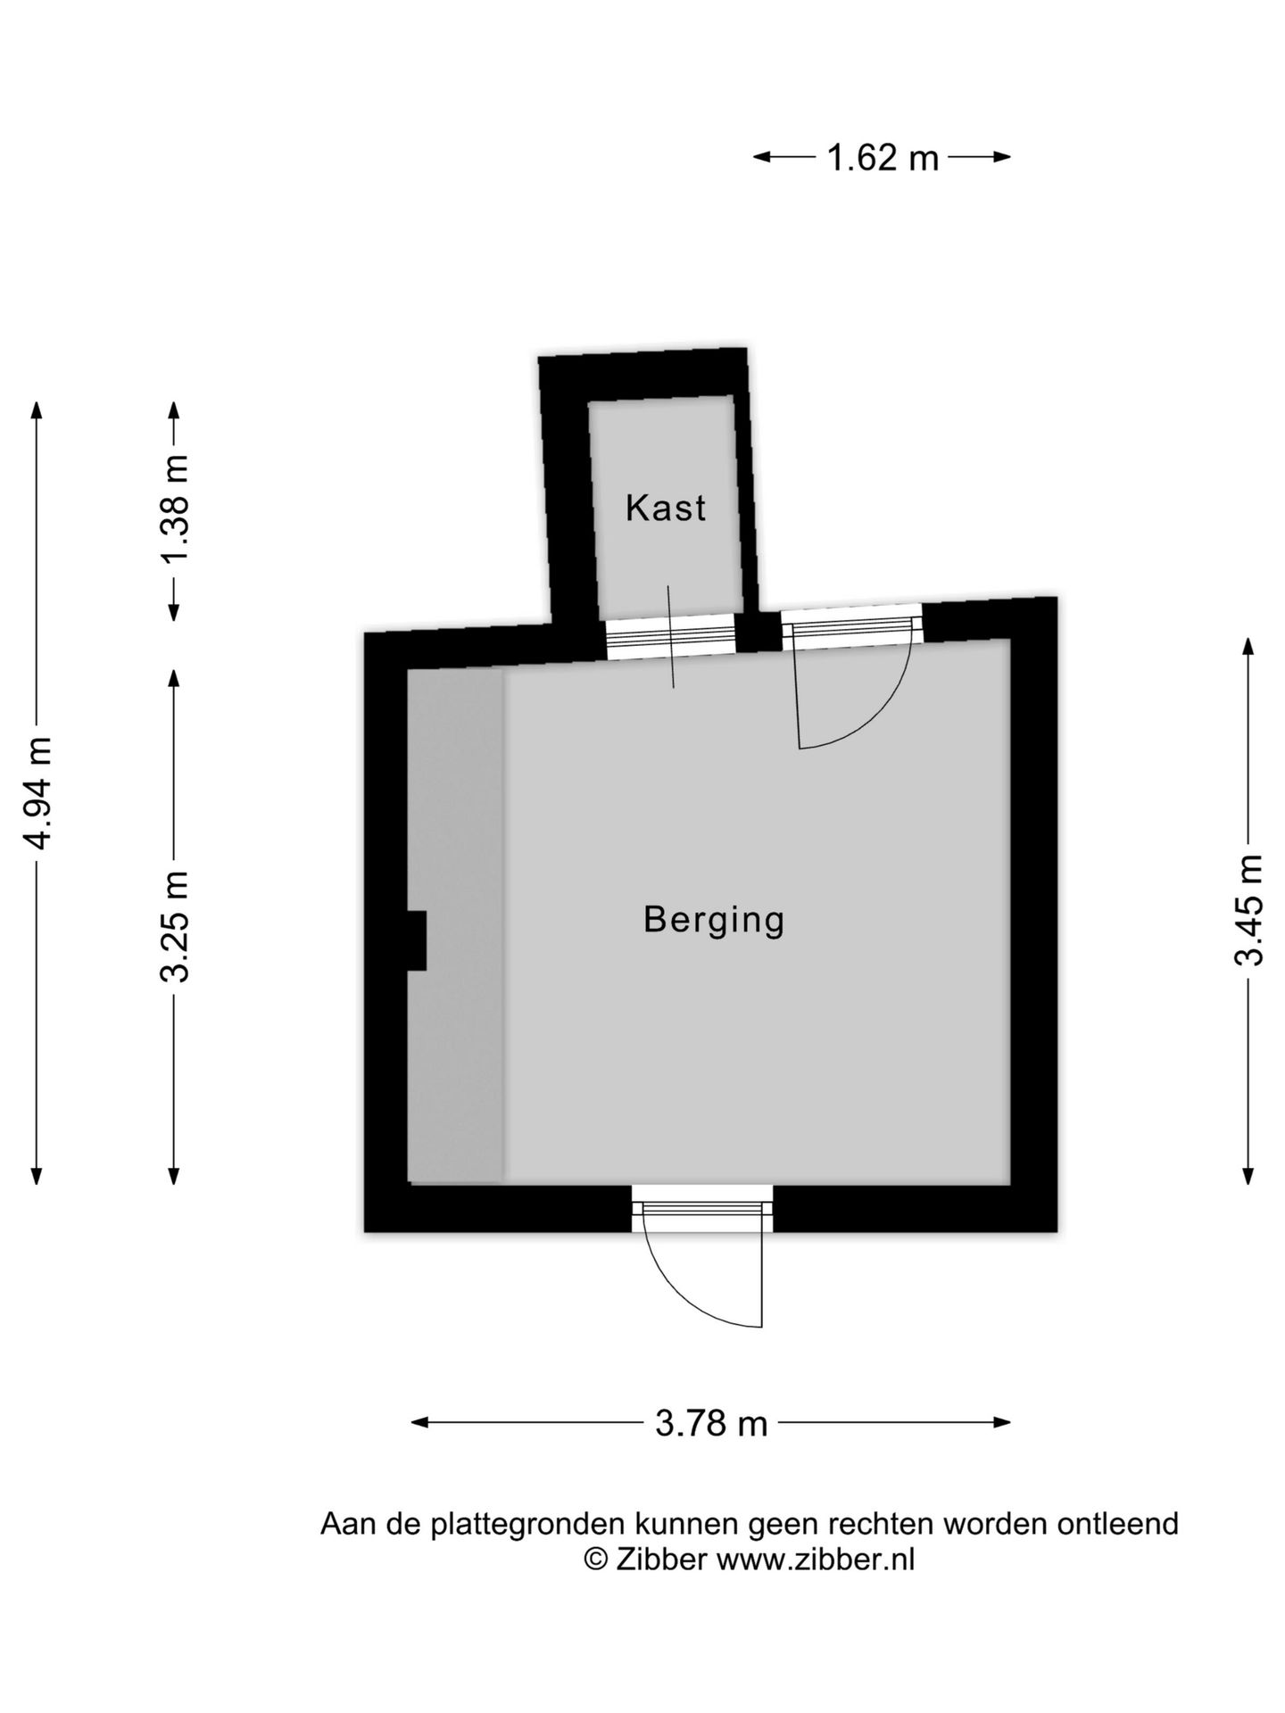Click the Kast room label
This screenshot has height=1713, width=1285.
pos(666,508)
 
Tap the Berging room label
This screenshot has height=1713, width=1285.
pos(714,919)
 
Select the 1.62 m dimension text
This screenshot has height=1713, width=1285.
pos(883,158)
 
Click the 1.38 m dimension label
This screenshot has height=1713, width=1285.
pos(176,509)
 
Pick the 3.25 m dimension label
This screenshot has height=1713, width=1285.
pos(176,926)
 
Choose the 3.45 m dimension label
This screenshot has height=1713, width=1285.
pos(1249,910)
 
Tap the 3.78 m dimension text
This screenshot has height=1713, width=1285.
pos(711,1423)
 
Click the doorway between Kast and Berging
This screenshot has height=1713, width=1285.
pos(669,637)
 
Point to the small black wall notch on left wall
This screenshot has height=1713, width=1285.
pos(416,939)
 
